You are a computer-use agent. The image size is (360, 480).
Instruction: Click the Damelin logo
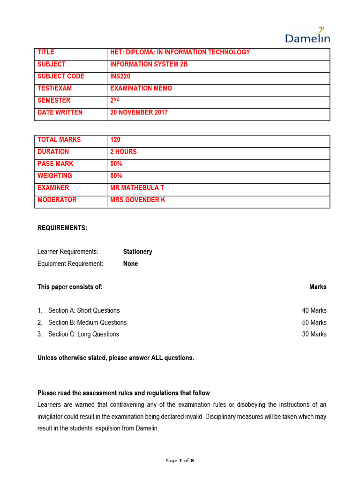[x=307, y=36]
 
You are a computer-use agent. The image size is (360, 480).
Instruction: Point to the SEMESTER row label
[x=54, y=100]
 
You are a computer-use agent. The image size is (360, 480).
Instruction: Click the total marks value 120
[x=115, y=140]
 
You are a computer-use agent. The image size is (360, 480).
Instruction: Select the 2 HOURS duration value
[x=123, y=152]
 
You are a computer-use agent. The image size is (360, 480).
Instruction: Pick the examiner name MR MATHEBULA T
[x=137, y=188]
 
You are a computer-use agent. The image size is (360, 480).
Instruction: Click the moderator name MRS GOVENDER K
[x=138, y=200]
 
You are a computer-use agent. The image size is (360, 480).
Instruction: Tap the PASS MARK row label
[x=55, y=164]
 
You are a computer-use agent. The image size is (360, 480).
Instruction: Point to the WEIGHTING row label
[x=55, y=176]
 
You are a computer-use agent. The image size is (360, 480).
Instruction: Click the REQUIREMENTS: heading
[x=62, y=228]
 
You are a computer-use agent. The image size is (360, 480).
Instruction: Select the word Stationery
[x=137, y=252]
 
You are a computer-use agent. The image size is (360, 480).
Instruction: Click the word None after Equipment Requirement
[x=130, y=264]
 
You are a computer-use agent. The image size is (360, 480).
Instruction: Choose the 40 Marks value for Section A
[x=314, y=311]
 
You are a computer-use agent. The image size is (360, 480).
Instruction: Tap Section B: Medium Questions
[x=87, y=322]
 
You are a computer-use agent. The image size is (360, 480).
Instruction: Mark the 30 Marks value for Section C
[x=314, y=335]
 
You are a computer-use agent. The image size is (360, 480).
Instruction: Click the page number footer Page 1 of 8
[x=180, y=461]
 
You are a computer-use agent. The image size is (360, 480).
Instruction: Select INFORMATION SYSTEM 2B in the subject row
[x=149, y=64]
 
